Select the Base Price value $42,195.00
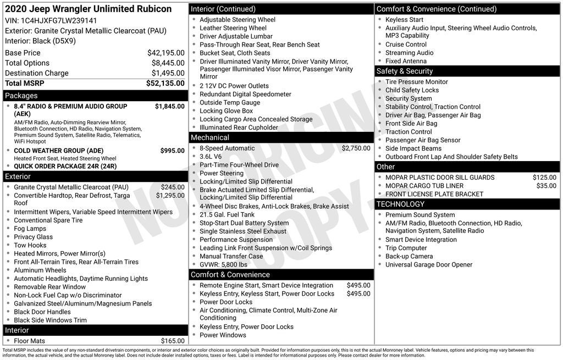coord(165,53)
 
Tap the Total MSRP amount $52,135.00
coord(165,84)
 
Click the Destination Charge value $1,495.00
coord(168,73)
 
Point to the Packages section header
coord(21,96)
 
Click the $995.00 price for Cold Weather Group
coord(172,151)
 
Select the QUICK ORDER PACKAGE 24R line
coord(65,166)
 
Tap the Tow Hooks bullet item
coord(30,245)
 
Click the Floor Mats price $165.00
coord(173,341)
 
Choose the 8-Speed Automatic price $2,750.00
coord(356,148)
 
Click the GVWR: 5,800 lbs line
coord(223,264)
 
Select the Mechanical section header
coord(209,137)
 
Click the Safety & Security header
coord(404,71)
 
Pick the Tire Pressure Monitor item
coord(416,82)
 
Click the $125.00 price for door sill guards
coord(544,178)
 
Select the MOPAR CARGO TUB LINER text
coord(424,186)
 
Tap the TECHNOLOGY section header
coord(400,204)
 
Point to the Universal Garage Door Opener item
coord(428,264)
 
